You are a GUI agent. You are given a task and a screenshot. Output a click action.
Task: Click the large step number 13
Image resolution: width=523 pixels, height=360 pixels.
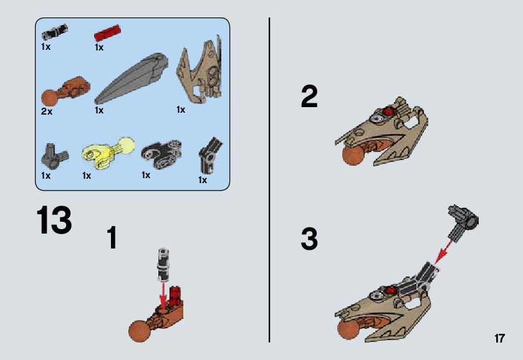coord(54,220)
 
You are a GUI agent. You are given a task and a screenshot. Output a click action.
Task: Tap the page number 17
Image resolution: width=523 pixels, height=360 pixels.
coord(499,338)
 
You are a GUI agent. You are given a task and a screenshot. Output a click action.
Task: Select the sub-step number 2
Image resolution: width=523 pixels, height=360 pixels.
coord(309,97)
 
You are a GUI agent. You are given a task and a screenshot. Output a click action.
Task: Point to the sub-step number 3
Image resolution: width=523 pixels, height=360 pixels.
coord(309,239)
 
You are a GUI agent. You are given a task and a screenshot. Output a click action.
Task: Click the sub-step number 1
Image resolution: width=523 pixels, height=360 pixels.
coord(112,237)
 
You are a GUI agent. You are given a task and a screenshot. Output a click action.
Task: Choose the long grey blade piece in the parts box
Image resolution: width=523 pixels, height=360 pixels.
coord(131,78)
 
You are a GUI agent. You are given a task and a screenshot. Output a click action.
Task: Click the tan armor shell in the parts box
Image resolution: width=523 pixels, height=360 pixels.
coord(199,70)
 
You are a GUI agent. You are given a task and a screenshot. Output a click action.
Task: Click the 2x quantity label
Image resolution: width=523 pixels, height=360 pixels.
coord(47,111)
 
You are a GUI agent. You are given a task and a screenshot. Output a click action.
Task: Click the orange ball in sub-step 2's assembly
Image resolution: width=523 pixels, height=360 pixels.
coord(353,155)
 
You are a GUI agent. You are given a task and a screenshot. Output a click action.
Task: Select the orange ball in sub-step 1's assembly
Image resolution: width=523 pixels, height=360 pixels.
coord(140,331)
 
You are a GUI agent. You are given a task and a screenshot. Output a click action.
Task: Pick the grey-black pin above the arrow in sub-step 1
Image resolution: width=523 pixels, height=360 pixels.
coord(163,264)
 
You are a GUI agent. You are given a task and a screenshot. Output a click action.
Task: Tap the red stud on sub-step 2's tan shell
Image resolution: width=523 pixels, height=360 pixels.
coord(388,111)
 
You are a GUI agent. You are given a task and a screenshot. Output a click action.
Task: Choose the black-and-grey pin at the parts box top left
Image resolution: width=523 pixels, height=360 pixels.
coord(55,32)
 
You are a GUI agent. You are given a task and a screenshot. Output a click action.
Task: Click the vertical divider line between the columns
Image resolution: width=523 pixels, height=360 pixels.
coord(269,180)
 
